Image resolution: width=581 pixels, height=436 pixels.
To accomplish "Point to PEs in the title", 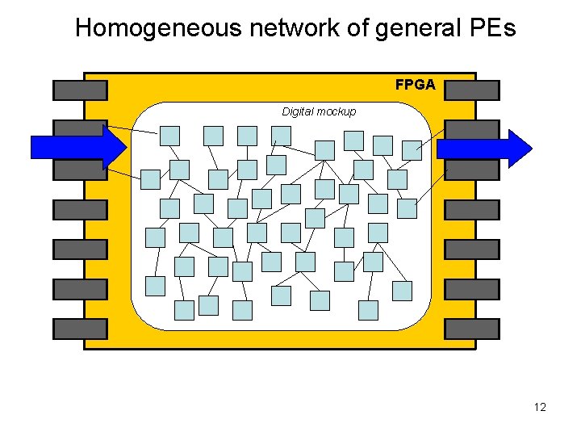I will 490,29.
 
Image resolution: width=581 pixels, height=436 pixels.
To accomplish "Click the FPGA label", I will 415,84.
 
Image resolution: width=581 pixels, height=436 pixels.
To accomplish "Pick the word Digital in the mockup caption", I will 298,111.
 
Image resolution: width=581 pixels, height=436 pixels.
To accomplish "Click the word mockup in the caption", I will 336,111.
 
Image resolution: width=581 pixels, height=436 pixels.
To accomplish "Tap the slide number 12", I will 540,407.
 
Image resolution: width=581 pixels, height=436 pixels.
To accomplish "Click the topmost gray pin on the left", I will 79,90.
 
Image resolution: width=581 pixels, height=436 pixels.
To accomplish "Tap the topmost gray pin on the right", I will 472,90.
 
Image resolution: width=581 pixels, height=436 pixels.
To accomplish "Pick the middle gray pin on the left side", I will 79,209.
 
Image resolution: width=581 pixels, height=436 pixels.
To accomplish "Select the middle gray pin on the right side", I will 472,209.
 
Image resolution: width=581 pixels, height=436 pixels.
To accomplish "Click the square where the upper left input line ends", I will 169,136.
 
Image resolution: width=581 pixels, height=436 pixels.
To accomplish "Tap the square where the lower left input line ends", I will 151,178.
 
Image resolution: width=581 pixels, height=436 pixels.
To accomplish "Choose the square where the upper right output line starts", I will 412,149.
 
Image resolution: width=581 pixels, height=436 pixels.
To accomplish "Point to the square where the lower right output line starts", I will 408,208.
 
